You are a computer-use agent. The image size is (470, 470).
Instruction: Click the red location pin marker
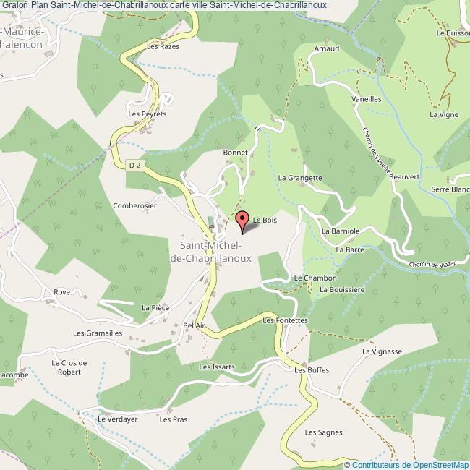242,222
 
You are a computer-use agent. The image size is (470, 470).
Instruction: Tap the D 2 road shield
134,165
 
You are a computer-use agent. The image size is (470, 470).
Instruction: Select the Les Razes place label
162,46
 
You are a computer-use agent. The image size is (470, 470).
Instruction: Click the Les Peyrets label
148,114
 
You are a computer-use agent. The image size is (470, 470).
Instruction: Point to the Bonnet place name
236,153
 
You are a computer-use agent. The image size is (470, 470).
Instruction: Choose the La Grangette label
299,177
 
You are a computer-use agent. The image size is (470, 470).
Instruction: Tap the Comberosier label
134,205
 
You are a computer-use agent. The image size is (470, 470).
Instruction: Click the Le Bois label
265,220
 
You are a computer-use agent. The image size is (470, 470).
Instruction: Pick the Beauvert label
403,176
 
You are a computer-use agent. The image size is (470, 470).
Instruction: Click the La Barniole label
340,231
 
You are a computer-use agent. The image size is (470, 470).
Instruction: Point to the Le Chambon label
311,278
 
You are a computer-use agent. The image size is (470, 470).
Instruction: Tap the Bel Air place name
195,326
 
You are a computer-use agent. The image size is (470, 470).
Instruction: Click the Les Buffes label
312,370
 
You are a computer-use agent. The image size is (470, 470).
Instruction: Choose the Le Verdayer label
118,419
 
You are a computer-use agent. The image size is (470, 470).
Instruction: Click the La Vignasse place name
382,351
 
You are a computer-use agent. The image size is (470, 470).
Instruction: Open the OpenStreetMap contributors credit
407,464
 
